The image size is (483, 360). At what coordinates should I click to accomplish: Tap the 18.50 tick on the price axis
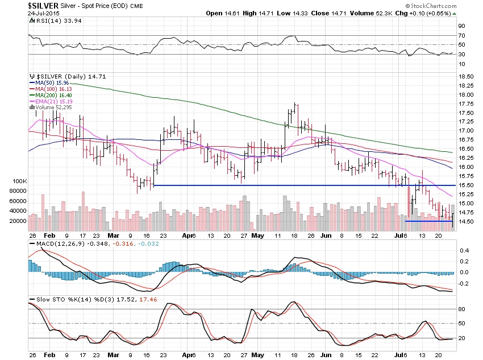click(467, 76)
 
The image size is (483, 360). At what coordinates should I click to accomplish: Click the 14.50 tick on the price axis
click(467, 221)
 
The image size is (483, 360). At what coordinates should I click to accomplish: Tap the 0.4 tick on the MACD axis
click(464, 250)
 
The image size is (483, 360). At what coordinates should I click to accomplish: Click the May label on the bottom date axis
click(257, 235)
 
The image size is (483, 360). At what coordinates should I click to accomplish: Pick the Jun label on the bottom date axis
click(325, 235)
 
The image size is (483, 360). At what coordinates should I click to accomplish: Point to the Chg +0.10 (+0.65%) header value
click(430, 13)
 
